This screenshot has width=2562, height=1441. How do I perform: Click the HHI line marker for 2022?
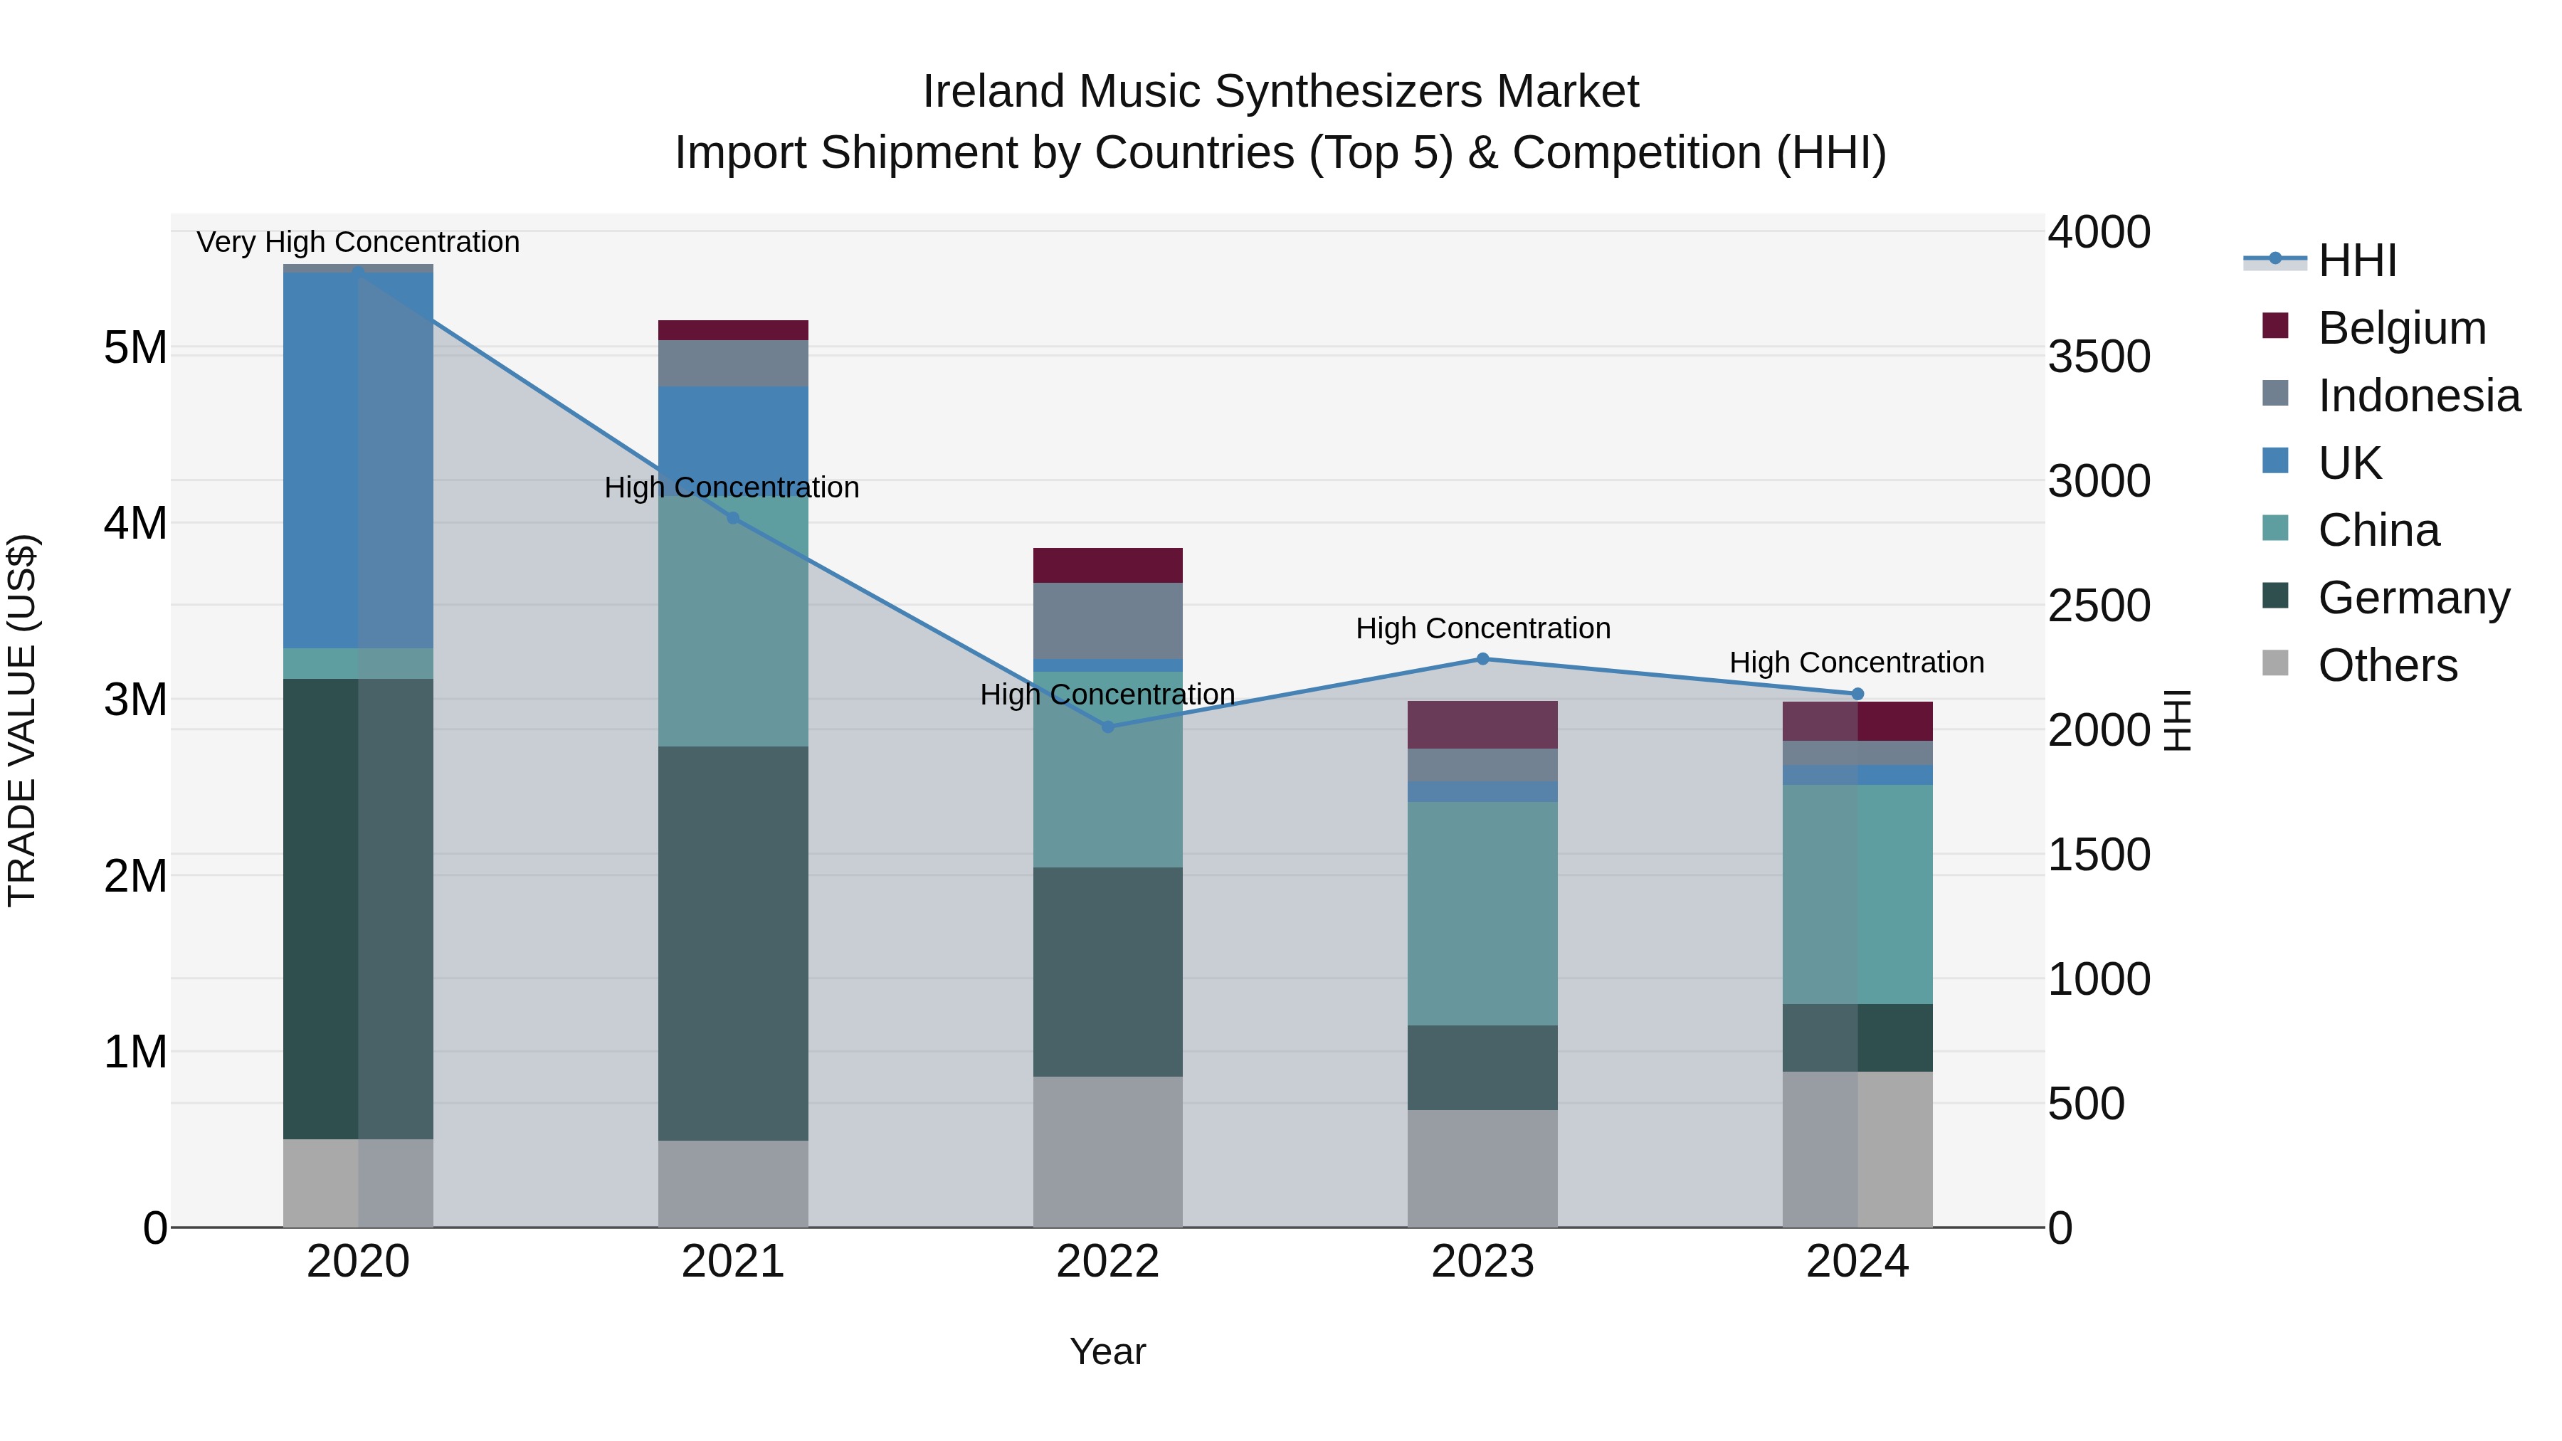[1108, 727]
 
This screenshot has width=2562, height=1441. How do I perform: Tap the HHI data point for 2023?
[1482, 658]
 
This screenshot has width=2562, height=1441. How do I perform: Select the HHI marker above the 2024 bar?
[1857, 694]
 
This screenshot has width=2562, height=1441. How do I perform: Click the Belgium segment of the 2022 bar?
[1108, 565]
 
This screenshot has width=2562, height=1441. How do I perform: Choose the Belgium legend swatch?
[2274, 326]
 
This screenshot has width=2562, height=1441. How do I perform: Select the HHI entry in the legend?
[2356, 260]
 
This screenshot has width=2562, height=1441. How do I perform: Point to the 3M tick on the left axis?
[135, 699]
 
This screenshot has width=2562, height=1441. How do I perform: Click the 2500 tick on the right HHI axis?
[2099, 606]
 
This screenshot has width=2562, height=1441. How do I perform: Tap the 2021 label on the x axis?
[733, 1262]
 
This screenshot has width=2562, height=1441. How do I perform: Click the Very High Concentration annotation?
[358, 242]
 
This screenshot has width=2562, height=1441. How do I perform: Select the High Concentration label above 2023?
[1482, 628]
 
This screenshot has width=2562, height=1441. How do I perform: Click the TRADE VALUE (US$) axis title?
[22, 720]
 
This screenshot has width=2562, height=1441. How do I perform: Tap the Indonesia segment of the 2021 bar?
[733, 363]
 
